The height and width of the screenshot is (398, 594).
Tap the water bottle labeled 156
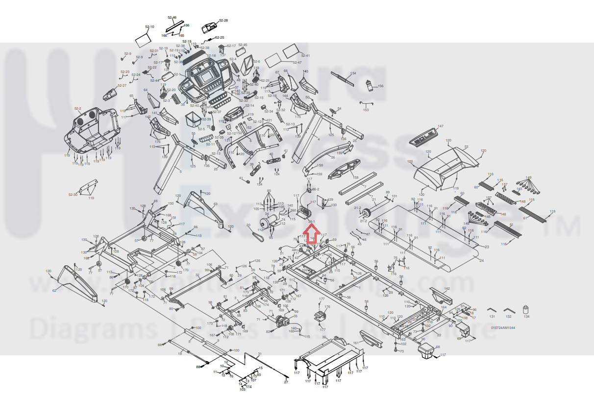point(368,86)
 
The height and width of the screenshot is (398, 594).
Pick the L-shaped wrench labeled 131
point(492,310)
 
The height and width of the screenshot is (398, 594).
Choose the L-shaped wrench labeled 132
point(509,310)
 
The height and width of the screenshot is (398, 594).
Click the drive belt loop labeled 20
point(256,234)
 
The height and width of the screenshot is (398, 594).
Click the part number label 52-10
point(149,26)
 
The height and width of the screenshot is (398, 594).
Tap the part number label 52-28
point(223,21)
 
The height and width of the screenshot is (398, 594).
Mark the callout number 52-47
point(297,63)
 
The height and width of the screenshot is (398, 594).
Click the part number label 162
point(446,289)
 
